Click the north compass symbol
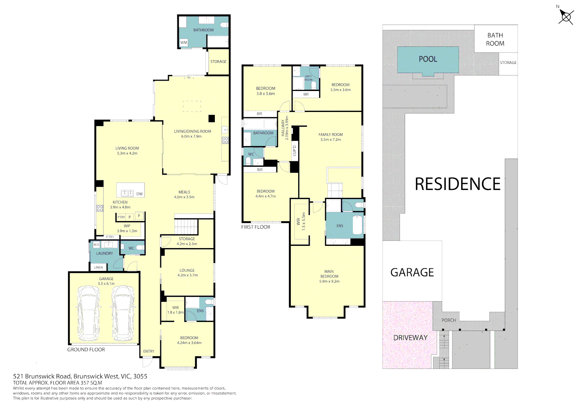566,17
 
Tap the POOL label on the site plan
428,59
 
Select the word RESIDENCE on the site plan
457,184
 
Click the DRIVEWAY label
410,338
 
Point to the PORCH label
449,320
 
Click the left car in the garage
89,314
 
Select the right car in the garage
122,314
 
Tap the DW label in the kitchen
140,194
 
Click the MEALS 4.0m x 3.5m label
184,194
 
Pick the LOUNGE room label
187,272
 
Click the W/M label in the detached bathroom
184,43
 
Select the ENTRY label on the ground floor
149,351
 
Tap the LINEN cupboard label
98,268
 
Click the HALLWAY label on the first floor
283,128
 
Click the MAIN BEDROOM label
329,276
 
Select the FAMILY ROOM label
330,137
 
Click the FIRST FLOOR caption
256,227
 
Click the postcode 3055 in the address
140,376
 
